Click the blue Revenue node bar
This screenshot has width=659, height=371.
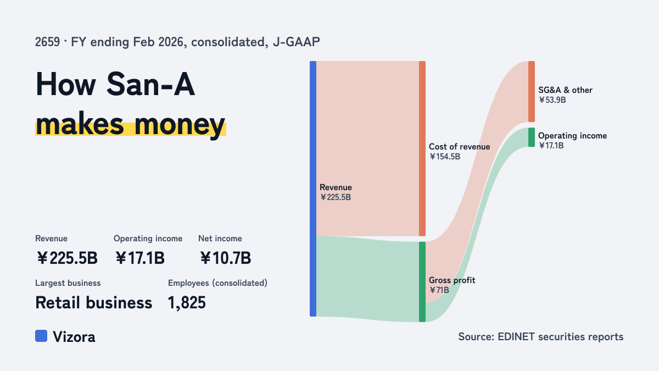point(313,189)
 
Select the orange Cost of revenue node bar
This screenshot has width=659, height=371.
point(422,148)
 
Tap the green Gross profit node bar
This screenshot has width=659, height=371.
point(422,282)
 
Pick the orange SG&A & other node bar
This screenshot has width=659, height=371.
point(532,92)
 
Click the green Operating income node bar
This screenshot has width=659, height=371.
point(532,137)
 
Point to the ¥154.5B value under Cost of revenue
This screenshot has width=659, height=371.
point(444,157)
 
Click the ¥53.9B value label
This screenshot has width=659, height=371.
point(552,100)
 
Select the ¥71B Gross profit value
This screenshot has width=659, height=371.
point(439,290)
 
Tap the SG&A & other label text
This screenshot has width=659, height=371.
point(565,90)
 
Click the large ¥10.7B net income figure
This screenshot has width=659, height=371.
point(225,258)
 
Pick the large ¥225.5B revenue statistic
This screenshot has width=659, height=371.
point(67,258)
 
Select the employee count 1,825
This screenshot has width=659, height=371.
point(187,303)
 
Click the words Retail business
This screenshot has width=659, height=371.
point(93,303)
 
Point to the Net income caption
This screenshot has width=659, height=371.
point(220,239)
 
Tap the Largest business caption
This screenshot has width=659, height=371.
point(68,283)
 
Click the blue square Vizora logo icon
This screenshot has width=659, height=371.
point(41,336)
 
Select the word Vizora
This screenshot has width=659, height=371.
point(74,337)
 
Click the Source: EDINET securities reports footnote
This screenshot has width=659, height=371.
point(541,336)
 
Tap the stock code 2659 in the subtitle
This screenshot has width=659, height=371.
point(47,42)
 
